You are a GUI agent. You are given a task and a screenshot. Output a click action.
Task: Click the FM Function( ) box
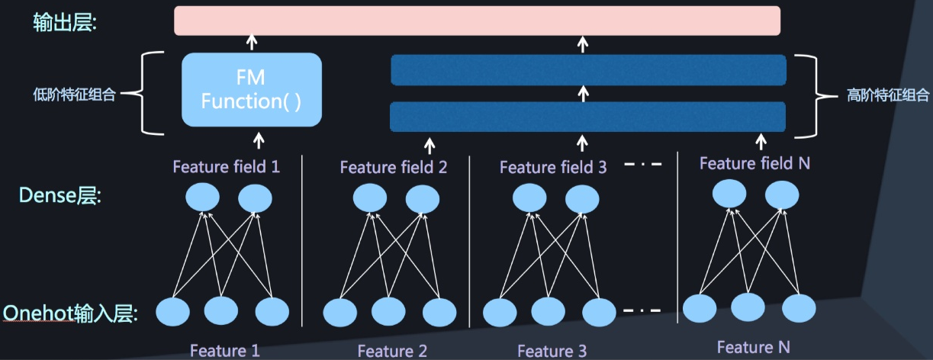tap(252, 89)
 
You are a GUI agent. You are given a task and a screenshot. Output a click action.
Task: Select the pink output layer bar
tap(477, 21)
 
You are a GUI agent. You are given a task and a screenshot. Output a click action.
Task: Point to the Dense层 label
tap(60, 196)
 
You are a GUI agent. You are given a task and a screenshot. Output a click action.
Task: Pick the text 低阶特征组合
tap(69, 95)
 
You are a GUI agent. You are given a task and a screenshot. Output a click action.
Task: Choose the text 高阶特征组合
tap(888, 97)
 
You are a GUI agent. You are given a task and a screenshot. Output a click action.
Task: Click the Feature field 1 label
tap(227, 166)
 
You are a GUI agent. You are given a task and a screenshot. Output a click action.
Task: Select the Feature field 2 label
tap(394, 167)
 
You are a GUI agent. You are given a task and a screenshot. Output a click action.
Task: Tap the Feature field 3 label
tap(553, 167)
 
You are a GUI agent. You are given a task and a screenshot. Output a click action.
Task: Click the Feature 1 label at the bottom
tap(225, 351)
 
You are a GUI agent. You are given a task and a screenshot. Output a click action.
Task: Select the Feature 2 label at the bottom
tap(392, 351)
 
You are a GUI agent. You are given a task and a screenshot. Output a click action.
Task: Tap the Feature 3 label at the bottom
tap(552, 351)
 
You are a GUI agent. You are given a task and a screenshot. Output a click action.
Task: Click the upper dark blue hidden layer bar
tap(588, 70)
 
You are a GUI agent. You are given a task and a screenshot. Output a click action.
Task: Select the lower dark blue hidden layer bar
tap(588, 117)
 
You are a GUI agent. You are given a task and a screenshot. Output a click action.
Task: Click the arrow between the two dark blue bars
tap(584, 93)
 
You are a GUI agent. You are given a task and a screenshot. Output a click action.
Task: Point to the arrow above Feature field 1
tap(259, 140)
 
